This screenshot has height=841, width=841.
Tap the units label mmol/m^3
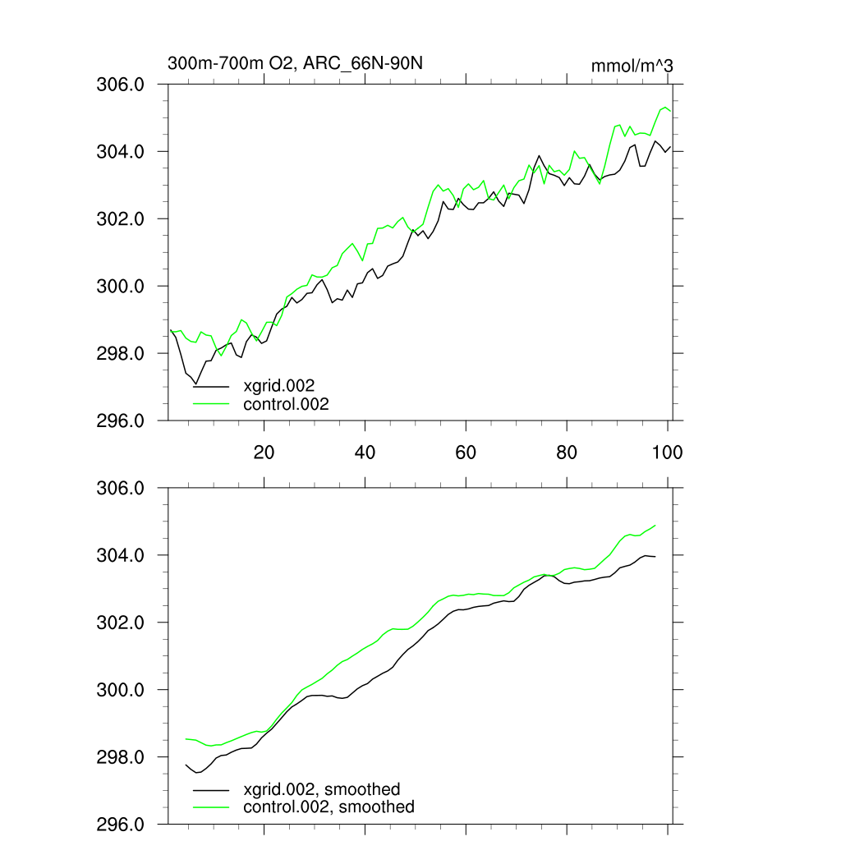(x=632, y=65)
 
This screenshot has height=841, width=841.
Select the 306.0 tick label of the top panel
(x=122, y=85)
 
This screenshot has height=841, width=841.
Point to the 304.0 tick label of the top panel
(x=122, y=152)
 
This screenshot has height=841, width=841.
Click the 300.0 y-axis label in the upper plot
(x=122, y=287)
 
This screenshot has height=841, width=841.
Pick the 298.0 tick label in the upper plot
(x=122, y=354)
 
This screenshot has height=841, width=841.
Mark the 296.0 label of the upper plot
(x=122, y=421)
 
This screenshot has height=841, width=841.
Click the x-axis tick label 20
(x=264, y=453)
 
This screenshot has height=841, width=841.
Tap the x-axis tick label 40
(x=365, y=453)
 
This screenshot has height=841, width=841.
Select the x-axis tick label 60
(x=466, y=453)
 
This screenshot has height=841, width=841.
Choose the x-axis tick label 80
(x=567, y=453)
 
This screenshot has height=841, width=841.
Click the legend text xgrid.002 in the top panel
(x=279, y=385)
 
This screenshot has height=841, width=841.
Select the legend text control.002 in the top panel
(x=286, y=403)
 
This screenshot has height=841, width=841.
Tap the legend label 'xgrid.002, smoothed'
(x=322, y=789)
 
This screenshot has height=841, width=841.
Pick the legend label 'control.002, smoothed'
(x=329, y=807)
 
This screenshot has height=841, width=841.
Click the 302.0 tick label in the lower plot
(x=122, y=623)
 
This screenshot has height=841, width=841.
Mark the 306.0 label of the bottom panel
(x=122, y=488)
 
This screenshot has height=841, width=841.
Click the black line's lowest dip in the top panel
(x=195, y=384)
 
